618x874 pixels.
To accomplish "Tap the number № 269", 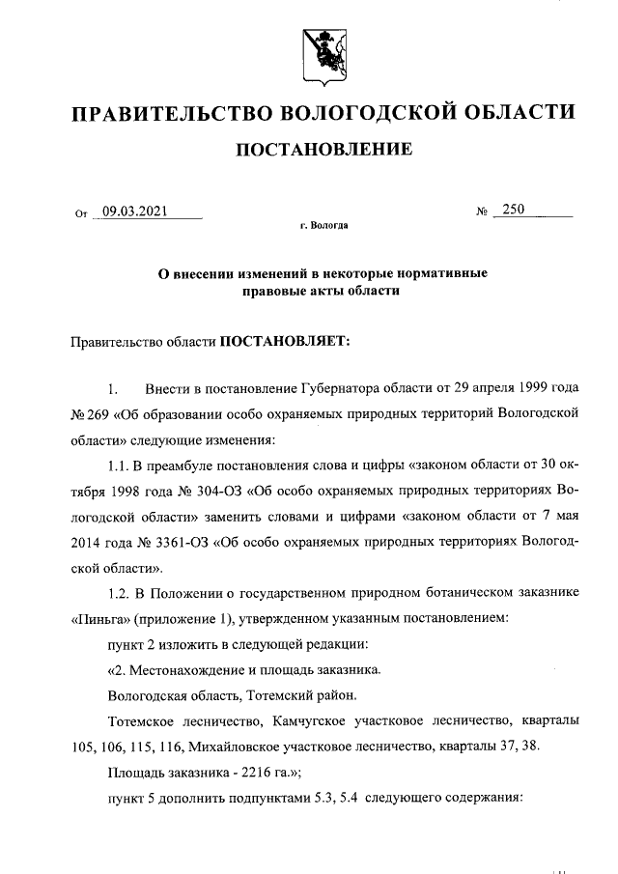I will pos(89,414).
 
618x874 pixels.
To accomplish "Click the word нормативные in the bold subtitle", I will pos(441,273).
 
